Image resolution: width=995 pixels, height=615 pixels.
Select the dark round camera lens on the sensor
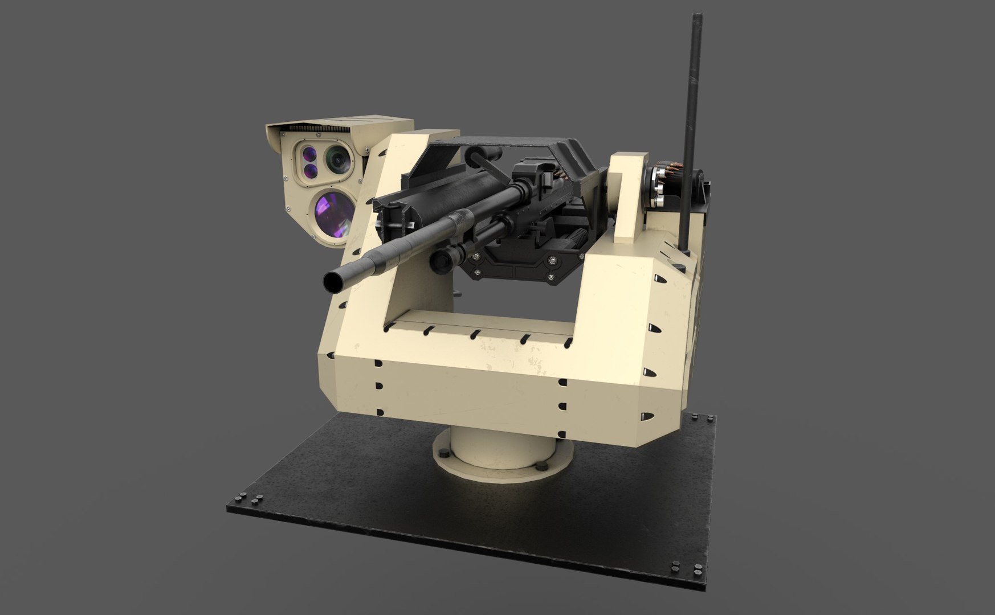tap(339, 159)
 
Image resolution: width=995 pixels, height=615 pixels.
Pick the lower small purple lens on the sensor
tap(311, 170)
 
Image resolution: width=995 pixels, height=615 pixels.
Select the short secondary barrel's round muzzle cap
tap(438, 261)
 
